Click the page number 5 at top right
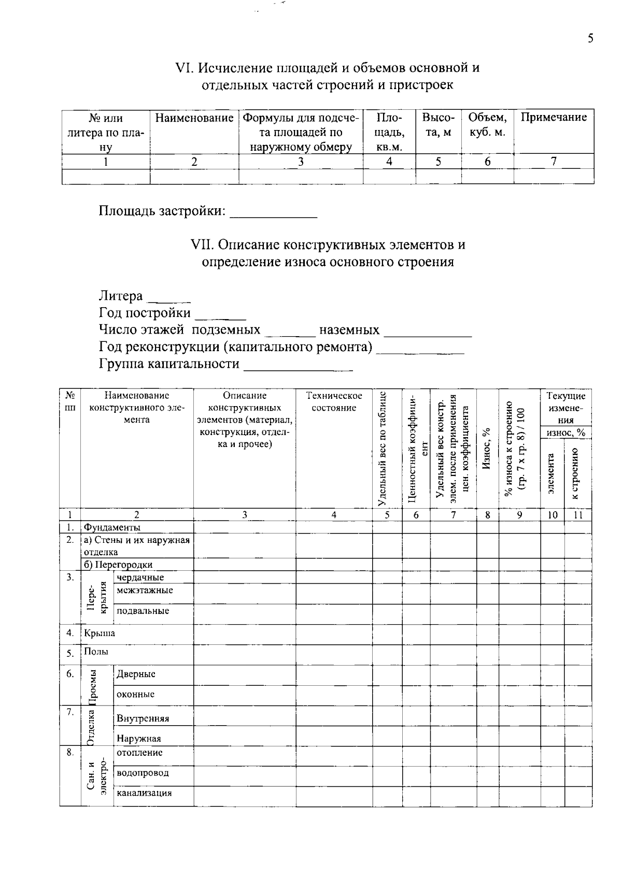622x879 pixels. tap(590, 39)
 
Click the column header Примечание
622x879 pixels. tap(554, 118)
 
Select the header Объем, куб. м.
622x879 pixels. tap(487, 125)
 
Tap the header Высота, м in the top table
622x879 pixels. tap(438, 125)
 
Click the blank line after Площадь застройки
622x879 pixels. tap(273, 213)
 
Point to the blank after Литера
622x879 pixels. tap(169, 298)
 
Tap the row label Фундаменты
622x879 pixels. tap(112, 528)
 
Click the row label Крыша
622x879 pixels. tap(99, 633)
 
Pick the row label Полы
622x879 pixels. tap(96, 652)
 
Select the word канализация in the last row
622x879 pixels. tap(144, 793)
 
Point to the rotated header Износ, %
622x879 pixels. tap(486, 449)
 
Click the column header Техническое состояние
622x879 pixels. tap(334, 402)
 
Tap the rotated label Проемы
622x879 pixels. tap(93, 687)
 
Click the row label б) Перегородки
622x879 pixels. tap(118, 565)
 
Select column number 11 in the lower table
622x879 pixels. tap(578, 515)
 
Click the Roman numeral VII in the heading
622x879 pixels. tap(200, 244)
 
